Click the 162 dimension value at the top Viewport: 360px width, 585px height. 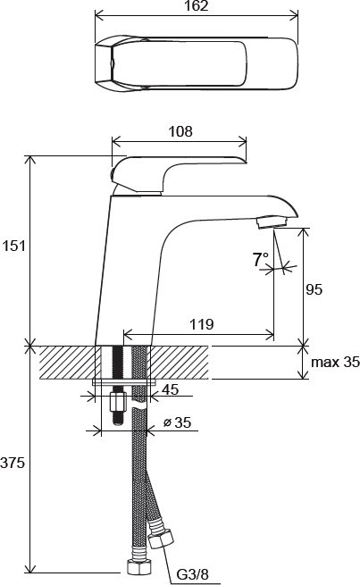tap(197, 6)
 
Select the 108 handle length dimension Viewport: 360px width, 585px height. tap(180, 131)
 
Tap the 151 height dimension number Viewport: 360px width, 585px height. tap(13, 246)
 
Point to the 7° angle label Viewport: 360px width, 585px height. tap(260, 259)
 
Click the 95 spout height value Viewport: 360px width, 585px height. tap(314, 289)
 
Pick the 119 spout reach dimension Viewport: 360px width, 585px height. tap(202, 324)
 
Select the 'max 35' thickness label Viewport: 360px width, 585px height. tap(335, 362)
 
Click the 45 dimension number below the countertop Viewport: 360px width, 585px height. tap(170, 389)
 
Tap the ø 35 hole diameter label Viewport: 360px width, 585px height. tap(177, 422)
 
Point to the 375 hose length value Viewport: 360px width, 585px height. tap(13, 463)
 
